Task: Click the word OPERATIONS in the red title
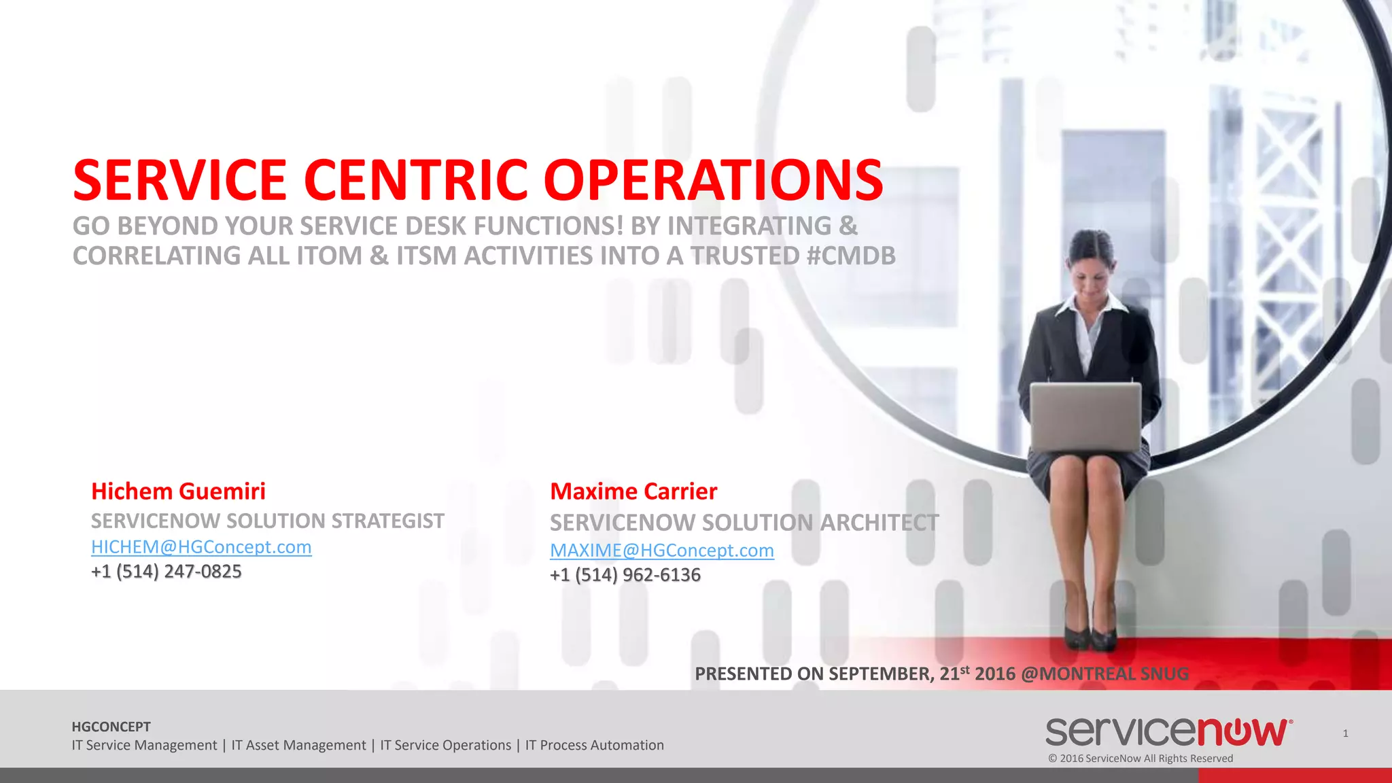click(x=713, y=180)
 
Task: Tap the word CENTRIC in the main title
click(x=415, y=180)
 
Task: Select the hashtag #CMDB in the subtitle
click(x=851, y=256)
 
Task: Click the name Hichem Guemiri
click(x=178, y=491)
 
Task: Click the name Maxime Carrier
click(x=633, y=491)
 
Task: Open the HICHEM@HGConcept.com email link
click(x=201, y=547)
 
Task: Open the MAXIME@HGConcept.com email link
click(x=661, y=551)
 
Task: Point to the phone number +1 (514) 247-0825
click(x=167, y=572)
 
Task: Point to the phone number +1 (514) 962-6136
click(x=625, y=575)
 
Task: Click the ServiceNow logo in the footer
click(x=1168, y=732)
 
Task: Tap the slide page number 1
click(x=1345, y=733)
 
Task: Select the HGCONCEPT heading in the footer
click(x=111, y=727)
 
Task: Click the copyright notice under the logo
click(x=1141, y=759)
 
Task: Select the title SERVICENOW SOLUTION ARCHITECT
click(x=744, y=523)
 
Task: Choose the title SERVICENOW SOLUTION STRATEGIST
click(x=268, y=521)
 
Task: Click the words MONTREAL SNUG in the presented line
click(x=1113, y=674)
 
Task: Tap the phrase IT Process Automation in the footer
click(x=594, y=745)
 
